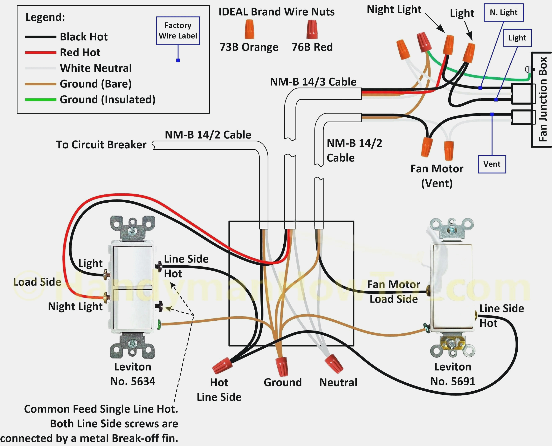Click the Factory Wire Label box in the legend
(x=178, y=31)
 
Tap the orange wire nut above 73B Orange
(x=249, y=29)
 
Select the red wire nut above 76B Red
(x=312, y=30)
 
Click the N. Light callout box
(x=503, y=12)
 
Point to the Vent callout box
(x=492, y=164)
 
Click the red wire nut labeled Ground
(x=282, y=366)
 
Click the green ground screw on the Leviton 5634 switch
(x=159, y=325)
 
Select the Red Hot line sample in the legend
(x=40, y=53)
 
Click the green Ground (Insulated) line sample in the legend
(x=40, y=100)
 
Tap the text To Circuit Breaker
(x=101, y=145)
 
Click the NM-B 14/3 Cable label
(x=313, y=82)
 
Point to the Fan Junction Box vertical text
(x=542, y=99)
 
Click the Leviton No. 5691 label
(x=452, y=374)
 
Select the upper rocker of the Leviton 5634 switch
(x=133, y=266)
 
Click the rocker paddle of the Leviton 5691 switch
(x=452, y=285)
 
